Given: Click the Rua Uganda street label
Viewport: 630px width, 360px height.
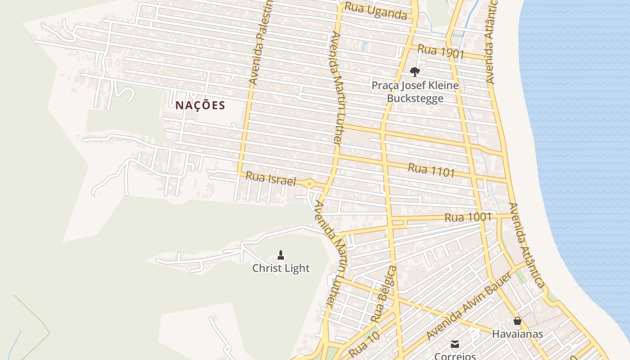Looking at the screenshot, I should click(376, 12).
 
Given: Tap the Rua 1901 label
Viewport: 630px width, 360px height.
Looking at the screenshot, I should click(441, 51).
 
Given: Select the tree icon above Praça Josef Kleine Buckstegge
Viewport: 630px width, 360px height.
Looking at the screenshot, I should click(415, 72).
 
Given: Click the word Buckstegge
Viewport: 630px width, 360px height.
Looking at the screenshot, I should click(415, 99).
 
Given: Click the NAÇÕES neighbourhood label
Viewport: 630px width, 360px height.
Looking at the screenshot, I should click(200, 106).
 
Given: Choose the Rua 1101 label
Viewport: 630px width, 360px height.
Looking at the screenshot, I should click(431, 170).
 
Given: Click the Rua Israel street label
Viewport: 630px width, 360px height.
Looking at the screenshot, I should click(270, 179).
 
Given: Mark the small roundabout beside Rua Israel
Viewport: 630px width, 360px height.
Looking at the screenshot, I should click(309, 184).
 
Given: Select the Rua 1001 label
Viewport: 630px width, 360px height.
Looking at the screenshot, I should click(468, 217).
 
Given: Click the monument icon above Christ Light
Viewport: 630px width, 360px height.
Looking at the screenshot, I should click(281, 255).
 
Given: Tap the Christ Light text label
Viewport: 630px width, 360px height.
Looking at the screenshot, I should click(281, 269).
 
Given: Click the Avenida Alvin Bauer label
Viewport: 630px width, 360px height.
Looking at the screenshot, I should click(468, 306).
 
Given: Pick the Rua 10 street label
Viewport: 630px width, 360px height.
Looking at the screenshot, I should click(364, 344).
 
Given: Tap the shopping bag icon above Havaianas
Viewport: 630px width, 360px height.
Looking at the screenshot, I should click(517, 321).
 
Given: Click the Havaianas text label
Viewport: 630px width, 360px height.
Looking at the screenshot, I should click(517, 334).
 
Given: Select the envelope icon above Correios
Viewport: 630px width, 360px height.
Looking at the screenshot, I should click(455, 344).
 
